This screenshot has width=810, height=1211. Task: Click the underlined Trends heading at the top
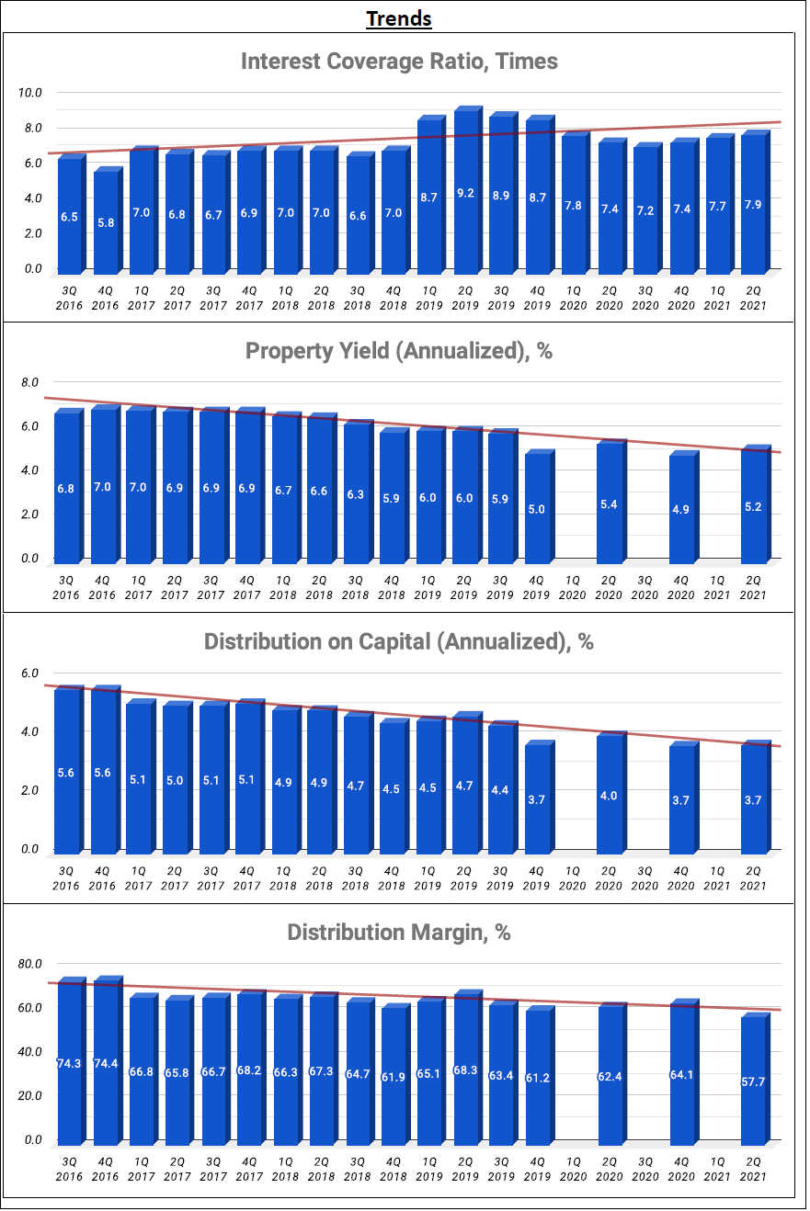(x=399, y=18)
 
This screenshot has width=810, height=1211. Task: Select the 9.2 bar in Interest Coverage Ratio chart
(x=465, y=193)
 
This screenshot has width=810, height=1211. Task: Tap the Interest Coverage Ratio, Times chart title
(x=399, y=62)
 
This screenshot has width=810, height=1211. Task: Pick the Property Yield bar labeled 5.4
(x=609, y=504)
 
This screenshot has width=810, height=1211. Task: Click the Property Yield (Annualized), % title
(x=399, y=351)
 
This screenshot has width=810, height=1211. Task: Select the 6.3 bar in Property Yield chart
(x=356, y=493)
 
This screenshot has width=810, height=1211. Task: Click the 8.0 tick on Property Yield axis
(x=30, y=382)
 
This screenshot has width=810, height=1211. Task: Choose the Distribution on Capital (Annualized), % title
(x=399, y=641)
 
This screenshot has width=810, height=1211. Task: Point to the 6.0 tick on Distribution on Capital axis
(x=30, y=673)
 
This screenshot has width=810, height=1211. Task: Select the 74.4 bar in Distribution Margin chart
(x=106, y=1063)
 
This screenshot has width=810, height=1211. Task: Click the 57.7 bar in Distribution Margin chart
(x=753, y=1080)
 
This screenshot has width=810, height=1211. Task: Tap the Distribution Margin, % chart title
(x=399, y=933)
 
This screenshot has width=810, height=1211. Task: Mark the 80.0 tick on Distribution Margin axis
(x=30, y=964)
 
